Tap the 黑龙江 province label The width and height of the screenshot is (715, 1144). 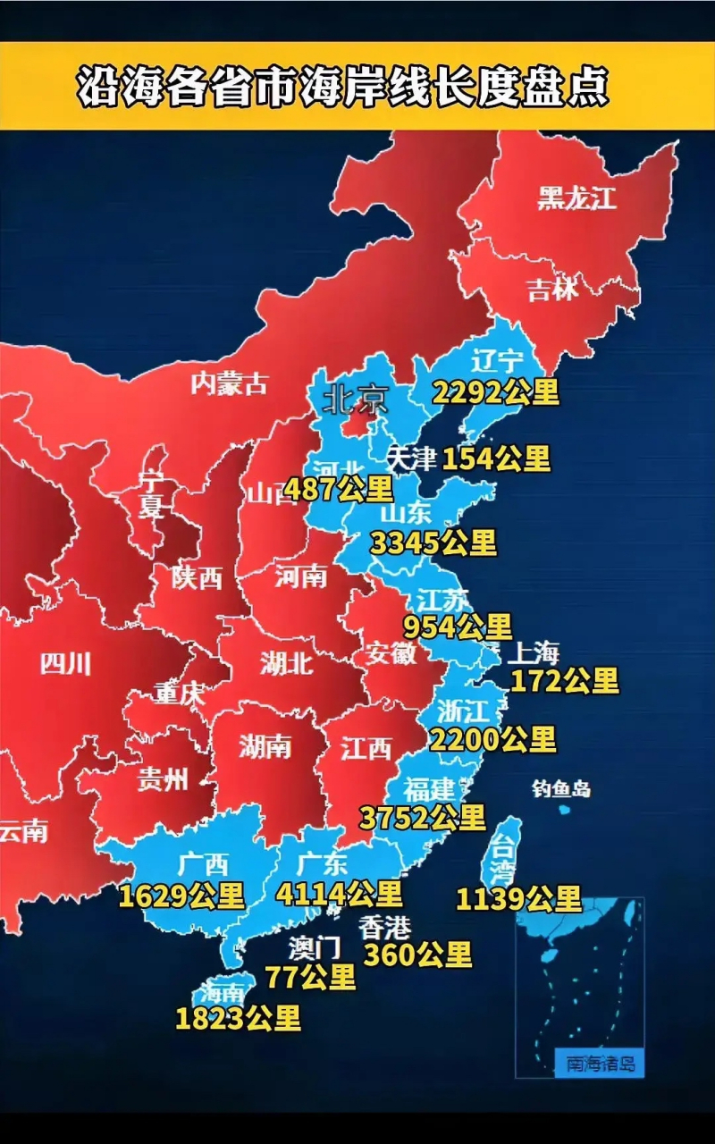576,198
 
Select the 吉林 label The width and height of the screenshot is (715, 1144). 553,289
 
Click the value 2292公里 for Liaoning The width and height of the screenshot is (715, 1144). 496,391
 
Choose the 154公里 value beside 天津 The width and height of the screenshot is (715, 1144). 496,458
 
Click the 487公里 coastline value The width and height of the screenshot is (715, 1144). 339,489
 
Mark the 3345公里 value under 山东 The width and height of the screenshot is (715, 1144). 433,542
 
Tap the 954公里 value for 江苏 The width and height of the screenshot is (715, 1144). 458,627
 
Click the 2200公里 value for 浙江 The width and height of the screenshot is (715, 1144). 492,739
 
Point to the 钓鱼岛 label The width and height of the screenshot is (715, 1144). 561,788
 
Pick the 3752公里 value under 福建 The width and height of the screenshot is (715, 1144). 423,817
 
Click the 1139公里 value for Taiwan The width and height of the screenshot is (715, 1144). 518,898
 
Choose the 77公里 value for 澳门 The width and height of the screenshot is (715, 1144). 310,977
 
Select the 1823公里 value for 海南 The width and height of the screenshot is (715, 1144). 238,1018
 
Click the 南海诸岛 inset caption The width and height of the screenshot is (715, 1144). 600,1064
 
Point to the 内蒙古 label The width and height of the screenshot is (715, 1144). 229,383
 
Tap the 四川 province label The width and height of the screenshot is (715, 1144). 65,663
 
